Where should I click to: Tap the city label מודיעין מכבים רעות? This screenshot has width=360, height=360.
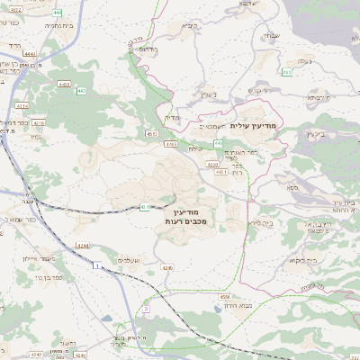(x=187, y=215)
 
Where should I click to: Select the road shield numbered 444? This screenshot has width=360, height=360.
(x=58, y=13)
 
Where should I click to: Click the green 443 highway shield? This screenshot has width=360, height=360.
(x=81, y=90)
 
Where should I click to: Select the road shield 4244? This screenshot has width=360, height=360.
(x=82, y=245)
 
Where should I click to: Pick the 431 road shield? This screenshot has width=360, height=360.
(x=145, y=208)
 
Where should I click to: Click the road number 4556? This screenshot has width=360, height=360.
(x=225, y=296)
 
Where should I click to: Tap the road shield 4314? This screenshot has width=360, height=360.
(x=22, y=105)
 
